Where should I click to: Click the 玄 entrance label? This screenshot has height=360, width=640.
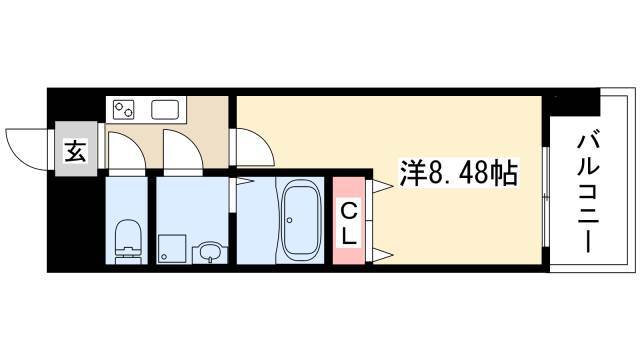[x=76, y=151]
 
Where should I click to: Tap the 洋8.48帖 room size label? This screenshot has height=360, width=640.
[x=458, y=172]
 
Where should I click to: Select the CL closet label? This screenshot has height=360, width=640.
[x=348, y=224]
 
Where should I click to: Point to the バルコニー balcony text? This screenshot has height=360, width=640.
[x=588, y=191]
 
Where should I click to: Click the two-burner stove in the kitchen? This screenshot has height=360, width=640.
[x=124, y=110]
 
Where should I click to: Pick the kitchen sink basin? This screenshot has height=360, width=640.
[x=165, y=110]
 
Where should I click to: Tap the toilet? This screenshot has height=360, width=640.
[x=127, y=241]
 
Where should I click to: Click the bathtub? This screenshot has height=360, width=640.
[x=300, y=220]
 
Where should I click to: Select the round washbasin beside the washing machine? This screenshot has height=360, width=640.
[x=210, y=253]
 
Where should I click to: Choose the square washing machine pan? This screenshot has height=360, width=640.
[x=172, y=249]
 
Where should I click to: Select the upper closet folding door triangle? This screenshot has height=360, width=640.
[x=382, y=186]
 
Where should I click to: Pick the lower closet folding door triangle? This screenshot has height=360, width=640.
[x=382, y=255]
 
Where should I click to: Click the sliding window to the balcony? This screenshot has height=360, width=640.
[x=546, y=197]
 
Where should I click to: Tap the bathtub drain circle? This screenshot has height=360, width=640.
[x=289, y=220]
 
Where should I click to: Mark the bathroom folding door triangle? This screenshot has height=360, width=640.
[x=245, y=181]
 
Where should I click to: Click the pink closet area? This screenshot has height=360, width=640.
[x=348, y=220]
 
